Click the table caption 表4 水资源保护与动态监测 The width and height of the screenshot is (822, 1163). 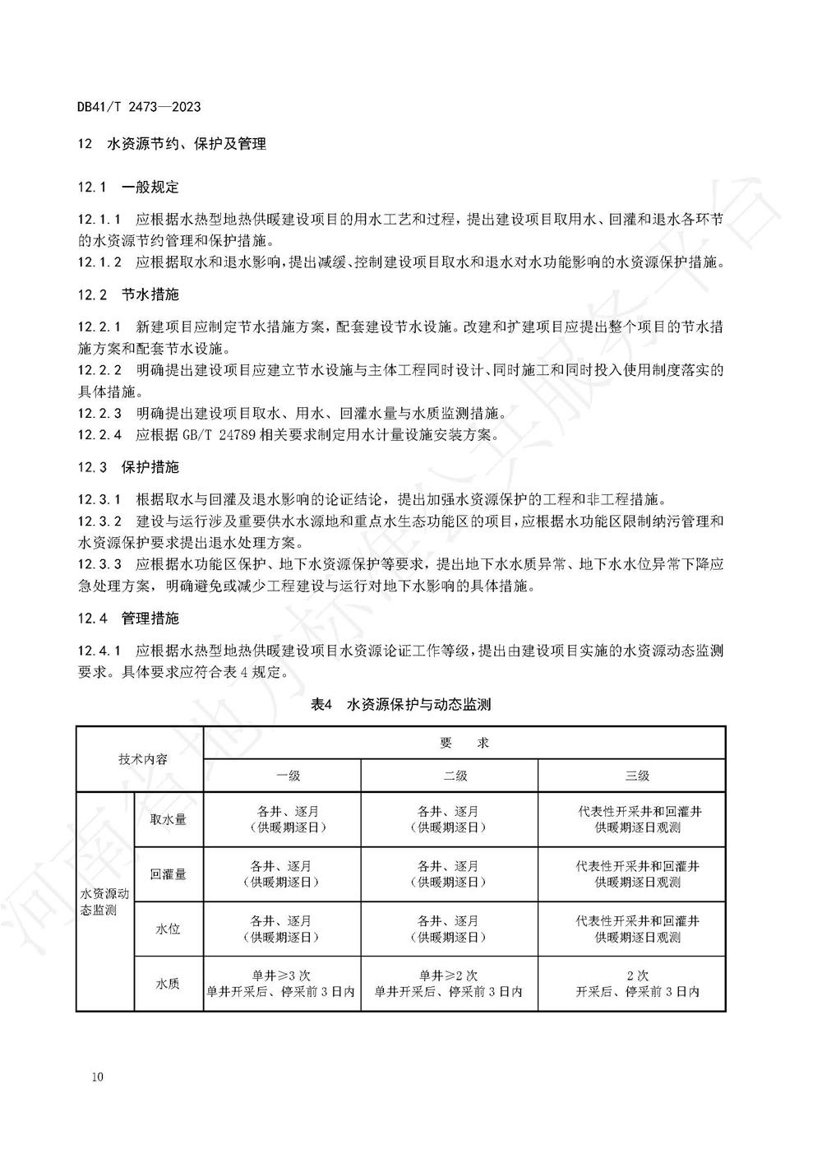click(401, 705)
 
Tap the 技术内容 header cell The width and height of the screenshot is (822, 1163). click(141, 759)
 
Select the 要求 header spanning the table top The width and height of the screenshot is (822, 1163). click(464, 743)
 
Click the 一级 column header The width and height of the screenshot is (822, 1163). click(282, 776)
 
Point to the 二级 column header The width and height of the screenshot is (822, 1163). click(450, 776)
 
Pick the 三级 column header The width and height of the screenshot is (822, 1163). click(632, 776)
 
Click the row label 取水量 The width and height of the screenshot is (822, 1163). click(169, 819)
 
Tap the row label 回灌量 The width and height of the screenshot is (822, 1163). click(169, 874)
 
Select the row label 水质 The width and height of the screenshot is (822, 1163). click(169, 984)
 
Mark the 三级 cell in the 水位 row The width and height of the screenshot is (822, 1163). click(632, 929)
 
